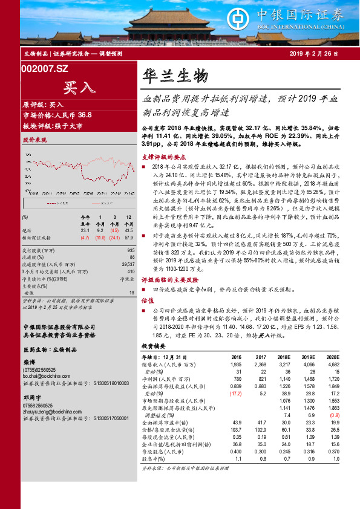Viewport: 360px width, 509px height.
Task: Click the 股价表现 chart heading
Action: coord(34,140)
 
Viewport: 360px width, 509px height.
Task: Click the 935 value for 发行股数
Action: coord(131,250)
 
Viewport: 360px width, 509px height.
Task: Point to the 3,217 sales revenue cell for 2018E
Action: coord(284,365)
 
